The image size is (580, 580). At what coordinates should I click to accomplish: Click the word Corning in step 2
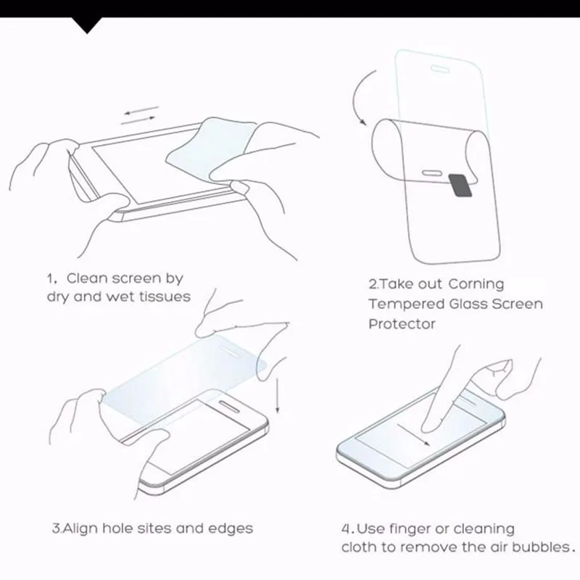(476, 284)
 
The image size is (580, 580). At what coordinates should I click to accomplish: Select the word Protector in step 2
(402, 324)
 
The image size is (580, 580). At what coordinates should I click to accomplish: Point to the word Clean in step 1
(87, 278)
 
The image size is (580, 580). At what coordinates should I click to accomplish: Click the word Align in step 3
(80, 529)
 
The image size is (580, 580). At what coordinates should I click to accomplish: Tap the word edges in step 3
(231, 529)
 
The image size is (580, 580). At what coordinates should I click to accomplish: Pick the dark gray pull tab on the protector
(461, 185)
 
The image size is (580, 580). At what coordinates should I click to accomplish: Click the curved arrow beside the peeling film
(357, 97)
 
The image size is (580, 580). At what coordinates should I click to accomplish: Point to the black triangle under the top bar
(87, 25)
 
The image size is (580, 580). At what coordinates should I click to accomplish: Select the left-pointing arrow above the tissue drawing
(141, 110)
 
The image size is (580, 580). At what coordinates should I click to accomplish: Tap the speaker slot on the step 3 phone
(232, 405)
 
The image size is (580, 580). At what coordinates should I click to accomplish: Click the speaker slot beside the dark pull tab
(434, 173)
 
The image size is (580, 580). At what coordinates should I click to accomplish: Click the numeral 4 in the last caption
(345, 529)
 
